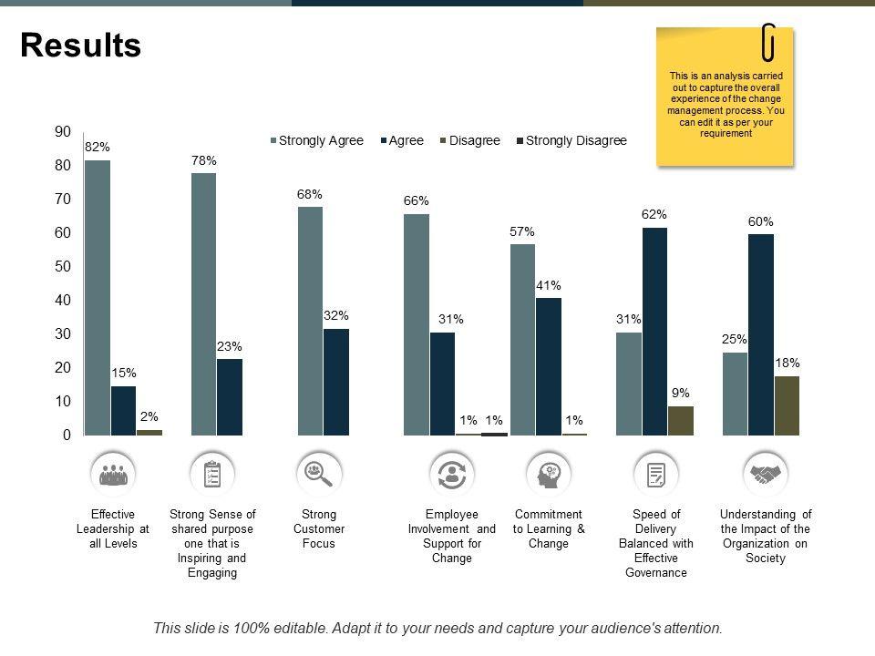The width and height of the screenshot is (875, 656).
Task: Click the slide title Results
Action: click(x=81, y=46)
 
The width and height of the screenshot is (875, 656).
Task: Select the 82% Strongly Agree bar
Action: click(x=98, y=298)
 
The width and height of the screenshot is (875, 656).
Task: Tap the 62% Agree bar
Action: click(x=654, y=332)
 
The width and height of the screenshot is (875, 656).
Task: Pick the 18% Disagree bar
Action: click(x=787, y=405)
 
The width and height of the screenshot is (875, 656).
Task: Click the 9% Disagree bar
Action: click(x=681, y=421)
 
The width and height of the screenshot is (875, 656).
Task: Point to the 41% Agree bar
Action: click(x=549, y=366)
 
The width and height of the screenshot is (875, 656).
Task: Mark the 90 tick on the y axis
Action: click(x=62, y=132)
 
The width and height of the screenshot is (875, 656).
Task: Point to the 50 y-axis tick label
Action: click(x=62, y=267)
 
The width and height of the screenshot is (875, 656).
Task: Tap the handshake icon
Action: click(x=765, y=474)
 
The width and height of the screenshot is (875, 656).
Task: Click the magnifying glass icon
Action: click(x=319, y=473)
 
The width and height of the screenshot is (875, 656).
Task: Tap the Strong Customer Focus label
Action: click(x=319, y=528)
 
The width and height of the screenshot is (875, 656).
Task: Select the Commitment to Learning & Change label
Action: click(x=549, y=528)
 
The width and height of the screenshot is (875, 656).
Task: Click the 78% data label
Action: click(x=204, y=160)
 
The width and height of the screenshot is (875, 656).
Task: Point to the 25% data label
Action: click(x=735, y=340)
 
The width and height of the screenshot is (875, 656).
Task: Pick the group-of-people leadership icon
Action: click(x=113, y=474)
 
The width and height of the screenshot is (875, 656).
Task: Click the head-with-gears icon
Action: click(x=550, y=474)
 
